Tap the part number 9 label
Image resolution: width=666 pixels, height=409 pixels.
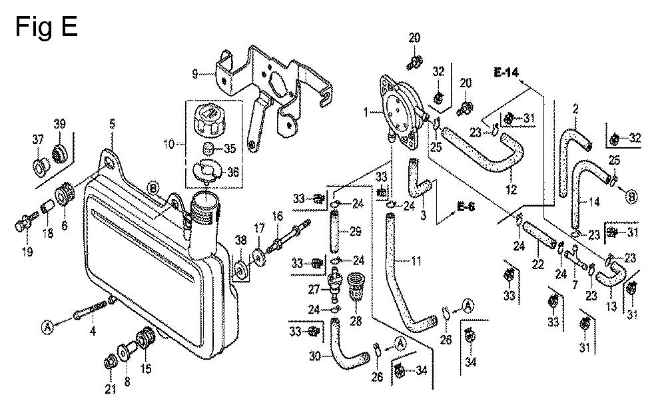click(194, 75)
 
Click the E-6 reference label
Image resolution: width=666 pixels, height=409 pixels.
click(466, 206)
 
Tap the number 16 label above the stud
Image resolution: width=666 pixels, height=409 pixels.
click(276, 215)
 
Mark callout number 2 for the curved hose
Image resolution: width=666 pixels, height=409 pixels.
click(575, 107)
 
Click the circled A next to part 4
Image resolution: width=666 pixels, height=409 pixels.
click(48, 326)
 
